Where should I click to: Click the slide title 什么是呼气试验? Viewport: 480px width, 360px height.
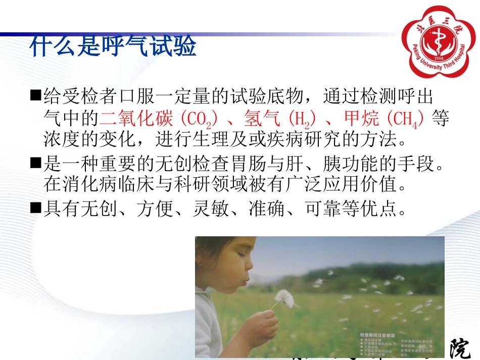point(112,47)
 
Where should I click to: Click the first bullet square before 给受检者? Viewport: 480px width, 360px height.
point(35,95)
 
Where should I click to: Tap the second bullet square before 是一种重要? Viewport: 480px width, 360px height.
point(35,163)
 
